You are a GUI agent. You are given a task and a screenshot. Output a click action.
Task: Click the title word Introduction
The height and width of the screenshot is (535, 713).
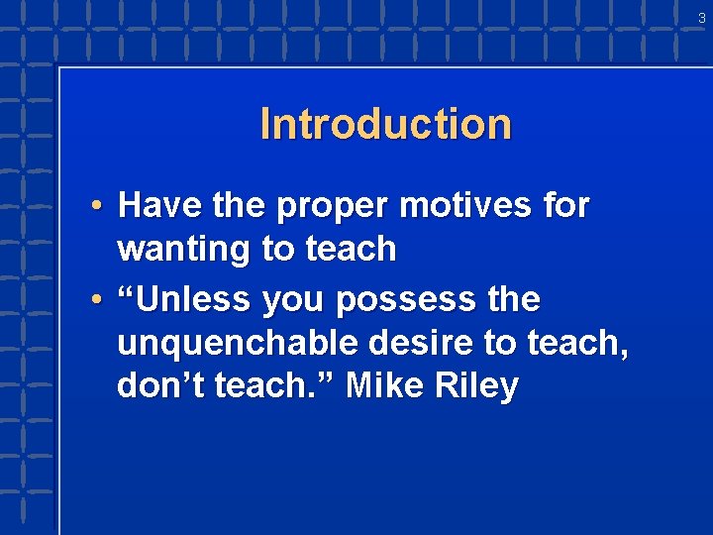pyautogui.click(x=386, y=125)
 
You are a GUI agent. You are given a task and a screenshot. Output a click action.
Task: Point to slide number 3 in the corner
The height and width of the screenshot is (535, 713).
pyautogui.click(x=701, y=17)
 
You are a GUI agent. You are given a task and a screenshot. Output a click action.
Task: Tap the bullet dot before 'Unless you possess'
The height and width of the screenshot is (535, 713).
pyautogui.click(x=94, y=299)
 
